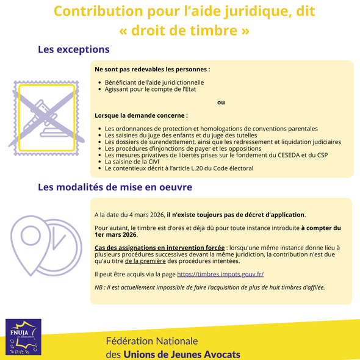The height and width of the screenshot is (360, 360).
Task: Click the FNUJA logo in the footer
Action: pos(24,337)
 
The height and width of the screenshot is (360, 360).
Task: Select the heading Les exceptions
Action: pos(74,49)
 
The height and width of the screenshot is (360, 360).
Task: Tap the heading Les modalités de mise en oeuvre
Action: pos(115,187)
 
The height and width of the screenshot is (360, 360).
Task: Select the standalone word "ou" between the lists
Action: pos(221,102)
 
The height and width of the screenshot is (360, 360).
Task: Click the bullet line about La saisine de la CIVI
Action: pos(132,162)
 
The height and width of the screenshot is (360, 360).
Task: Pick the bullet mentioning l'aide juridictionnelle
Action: pos(154,82)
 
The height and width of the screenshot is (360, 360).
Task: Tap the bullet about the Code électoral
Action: pos(179,168)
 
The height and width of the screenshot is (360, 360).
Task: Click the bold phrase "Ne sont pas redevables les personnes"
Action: pos(152,70)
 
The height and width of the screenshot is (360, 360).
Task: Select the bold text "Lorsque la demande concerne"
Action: pos(141,115)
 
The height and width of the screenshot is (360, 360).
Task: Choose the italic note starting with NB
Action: pos(210,287)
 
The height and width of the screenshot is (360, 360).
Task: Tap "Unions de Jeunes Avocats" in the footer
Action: pos(181,354)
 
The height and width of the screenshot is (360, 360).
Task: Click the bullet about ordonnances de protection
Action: pos(211,129)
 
